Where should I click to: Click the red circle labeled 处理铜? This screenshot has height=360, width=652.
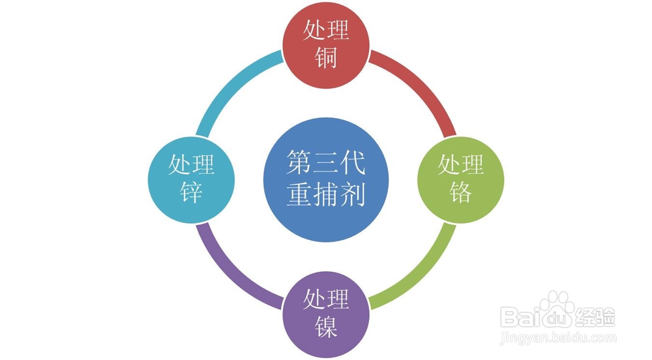326,44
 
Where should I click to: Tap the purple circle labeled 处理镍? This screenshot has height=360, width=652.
326,312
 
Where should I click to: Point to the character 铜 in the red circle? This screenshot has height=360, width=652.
326,58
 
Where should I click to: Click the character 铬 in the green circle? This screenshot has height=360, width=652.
461,192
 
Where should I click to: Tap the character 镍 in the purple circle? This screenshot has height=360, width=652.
326,326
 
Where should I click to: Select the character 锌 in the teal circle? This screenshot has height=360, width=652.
191,192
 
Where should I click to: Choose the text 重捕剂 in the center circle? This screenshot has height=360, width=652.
326,194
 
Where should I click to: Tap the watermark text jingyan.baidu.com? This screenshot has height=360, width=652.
557,338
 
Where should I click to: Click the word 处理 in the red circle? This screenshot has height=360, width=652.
326,31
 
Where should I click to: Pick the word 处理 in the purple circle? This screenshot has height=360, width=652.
326,299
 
